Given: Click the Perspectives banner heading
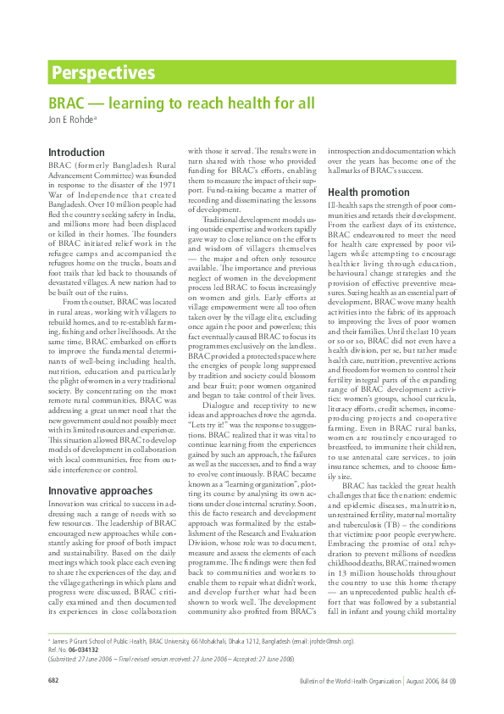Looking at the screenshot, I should [102, 73].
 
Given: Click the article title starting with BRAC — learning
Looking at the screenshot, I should [181, 103].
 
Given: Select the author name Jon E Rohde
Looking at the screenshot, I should [70, 119].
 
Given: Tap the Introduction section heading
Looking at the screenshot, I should [76, 153].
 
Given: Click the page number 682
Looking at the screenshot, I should [53, 681].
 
